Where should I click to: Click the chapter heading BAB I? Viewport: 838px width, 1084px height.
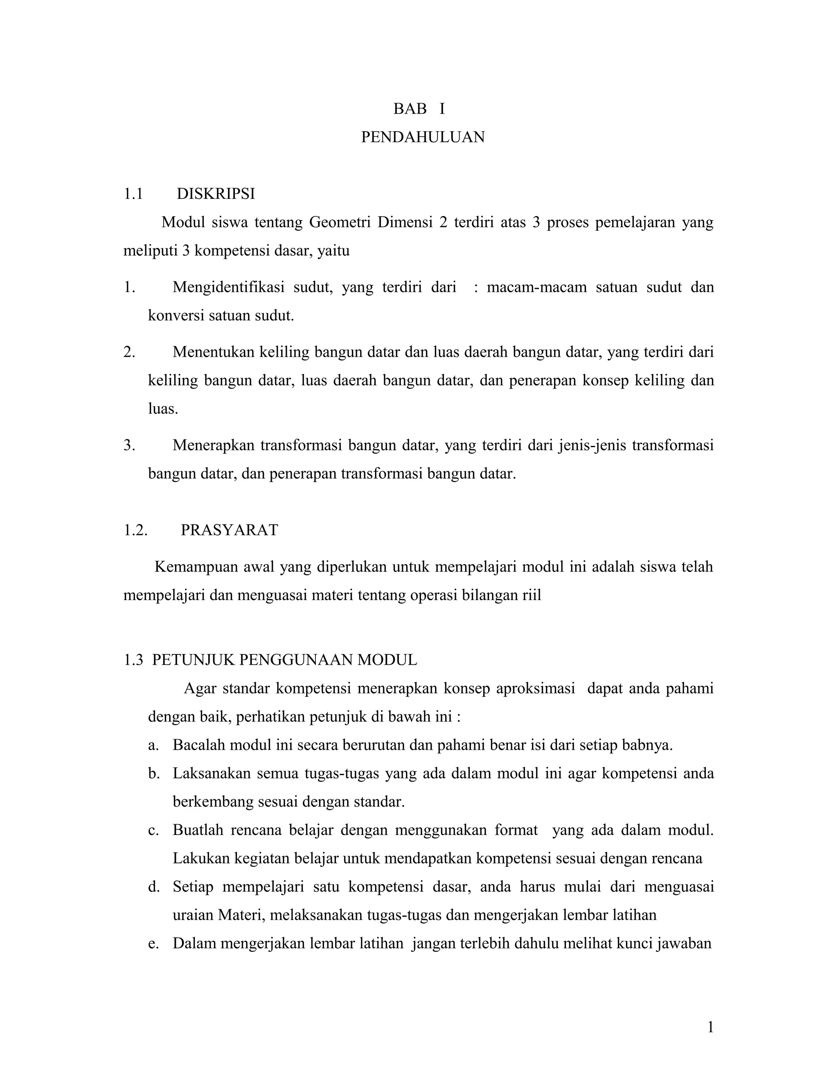(419, 109)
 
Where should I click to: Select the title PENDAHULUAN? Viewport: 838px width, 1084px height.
(422, 137)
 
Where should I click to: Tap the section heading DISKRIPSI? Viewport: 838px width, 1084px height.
(216, 194)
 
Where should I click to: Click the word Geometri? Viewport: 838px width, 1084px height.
(340, 223)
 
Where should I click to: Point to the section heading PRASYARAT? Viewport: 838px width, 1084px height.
(230, 530)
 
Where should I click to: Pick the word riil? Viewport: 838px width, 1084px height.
(531, 595)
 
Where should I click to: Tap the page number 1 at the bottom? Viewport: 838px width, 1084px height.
(710, 1028)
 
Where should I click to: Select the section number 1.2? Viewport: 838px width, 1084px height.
(135, 530)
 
